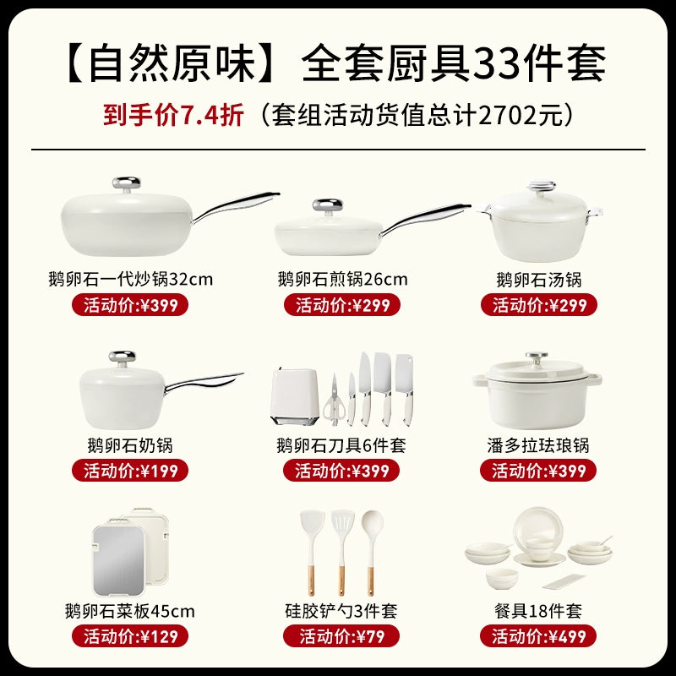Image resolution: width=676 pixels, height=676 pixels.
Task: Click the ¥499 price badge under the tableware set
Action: [538, 636]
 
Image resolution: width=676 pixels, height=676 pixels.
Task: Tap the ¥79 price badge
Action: [341, 636]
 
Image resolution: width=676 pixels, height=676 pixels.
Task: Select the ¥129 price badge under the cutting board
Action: [130, 636]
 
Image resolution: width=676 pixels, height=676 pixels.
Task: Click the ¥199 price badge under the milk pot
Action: [130, 471]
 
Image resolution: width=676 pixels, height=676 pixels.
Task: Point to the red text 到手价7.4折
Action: [173, 115]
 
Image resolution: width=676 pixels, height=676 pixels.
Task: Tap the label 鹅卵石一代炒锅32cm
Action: [131, 280]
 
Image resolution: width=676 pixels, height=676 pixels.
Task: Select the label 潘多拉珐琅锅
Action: [538, 445]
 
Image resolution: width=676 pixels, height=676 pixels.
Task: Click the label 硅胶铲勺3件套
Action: [341, 611]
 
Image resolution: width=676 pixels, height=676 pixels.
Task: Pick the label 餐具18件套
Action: [538, 611]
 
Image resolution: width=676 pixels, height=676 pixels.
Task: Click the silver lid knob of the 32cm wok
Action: [126, 183]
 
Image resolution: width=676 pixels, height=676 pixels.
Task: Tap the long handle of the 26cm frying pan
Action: [425, 218]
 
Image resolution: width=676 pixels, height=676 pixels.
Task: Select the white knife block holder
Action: [295, 395]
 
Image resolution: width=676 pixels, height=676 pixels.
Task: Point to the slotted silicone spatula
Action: [342, 553]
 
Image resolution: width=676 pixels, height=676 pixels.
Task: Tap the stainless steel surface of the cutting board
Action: [118, 559]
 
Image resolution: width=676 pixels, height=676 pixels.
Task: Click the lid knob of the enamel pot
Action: [537, 357]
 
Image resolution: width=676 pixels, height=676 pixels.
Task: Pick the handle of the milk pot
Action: [204, 381]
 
